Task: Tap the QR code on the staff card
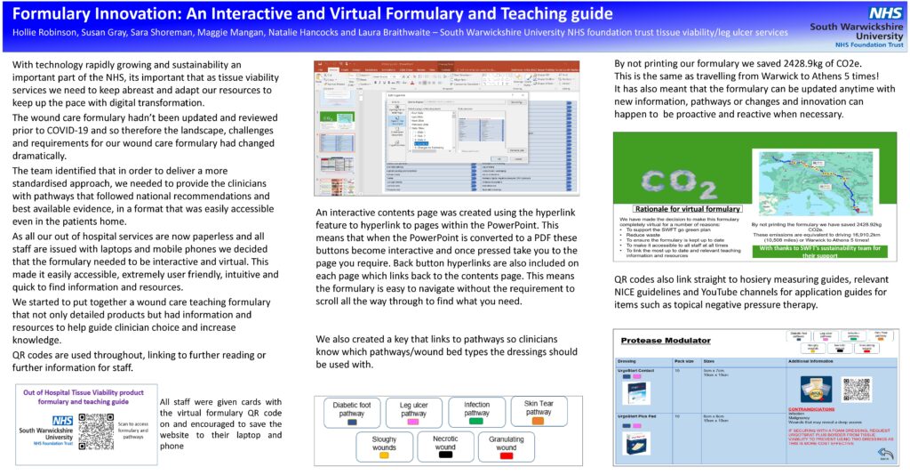96,431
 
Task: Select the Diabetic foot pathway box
352,410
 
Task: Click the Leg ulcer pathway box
413,410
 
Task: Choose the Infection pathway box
476,410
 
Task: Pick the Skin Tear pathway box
539,409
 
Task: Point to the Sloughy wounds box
384,443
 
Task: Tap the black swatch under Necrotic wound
445,455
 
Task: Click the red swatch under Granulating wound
507,455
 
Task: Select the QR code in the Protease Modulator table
855,389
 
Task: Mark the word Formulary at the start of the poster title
48,13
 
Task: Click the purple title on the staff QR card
84,398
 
